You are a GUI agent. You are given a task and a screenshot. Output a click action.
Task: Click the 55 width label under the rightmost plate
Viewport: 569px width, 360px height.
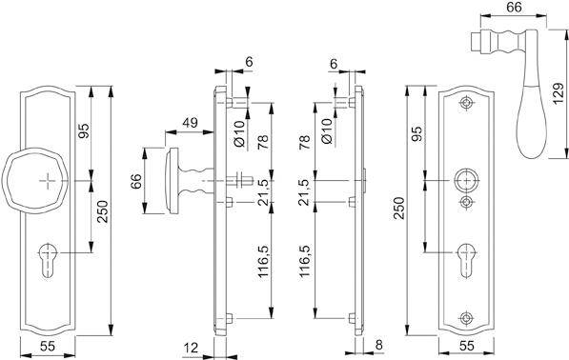point(466,348)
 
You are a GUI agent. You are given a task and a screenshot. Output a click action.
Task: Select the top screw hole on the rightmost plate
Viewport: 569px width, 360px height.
point(466,102)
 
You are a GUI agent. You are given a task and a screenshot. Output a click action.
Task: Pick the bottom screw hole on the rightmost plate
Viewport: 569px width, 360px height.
point(466,318)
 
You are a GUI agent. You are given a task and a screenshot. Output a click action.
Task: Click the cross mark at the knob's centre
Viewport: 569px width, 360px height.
point(48,179)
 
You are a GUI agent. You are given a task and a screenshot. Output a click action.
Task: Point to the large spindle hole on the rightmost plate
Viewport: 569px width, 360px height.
point(466,180)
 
